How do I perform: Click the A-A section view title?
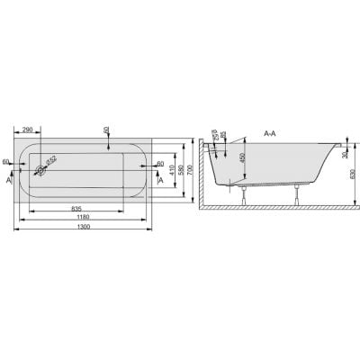[x=271, y=133]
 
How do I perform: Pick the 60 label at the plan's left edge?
[x=6, y=162]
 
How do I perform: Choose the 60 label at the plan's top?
[x=108, y=132]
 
